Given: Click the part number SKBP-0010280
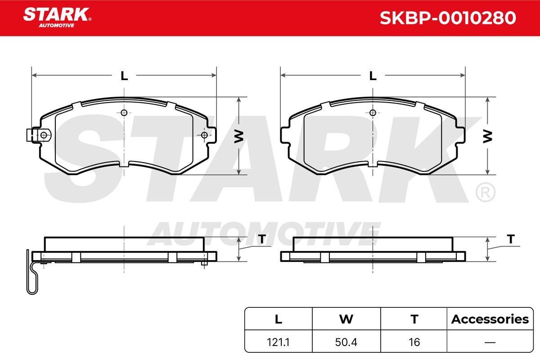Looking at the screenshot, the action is coord(448,18).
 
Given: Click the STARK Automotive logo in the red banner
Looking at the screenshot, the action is coord(57,18).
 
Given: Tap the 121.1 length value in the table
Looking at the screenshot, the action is coord(278,342).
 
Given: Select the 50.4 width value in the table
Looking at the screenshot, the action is coord(346,342).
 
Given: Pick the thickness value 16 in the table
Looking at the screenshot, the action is coord(414,342).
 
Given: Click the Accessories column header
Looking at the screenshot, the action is coord(490,319).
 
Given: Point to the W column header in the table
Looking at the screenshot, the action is coord(346,319).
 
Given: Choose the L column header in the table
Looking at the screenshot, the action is coord(279,319).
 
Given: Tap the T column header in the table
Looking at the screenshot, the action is coord(414,319).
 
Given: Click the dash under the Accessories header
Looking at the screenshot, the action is coord(490,342).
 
